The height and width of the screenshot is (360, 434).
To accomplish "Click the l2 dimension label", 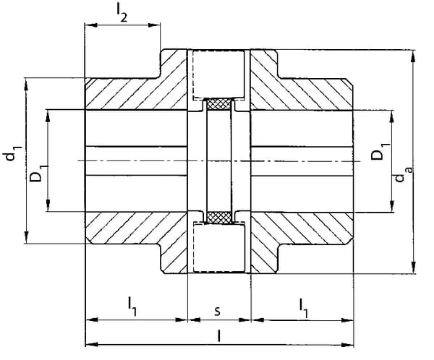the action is [122, 14].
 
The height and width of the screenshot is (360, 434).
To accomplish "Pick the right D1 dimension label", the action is [380, 151].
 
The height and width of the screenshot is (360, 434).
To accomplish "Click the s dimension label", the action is [218, 311].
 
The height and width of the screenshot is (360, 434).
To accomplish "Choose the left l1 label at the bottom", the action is [132, 307].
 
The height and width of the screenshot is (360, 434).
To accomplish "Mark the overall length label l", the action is [219, 336].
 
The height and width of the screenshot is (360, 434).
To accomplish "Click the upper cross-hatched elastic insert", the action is [219, 104].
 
